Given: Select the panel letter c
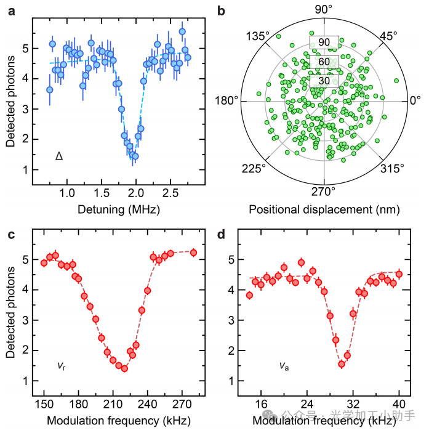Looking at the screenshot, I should pyautogui.click(x=11, y=235).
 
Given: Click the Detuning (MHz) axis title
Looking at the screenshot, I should pyautogui.click(x=119, y=209).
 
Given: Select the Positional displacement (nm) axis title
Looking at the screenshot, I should pyautogui.click(x=324, y=209).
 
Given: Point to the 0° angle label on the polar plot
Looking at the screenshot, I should pyautogui.click(x=415, y=100).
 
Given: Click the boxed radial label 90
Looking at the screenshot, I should pyautogui.click(x=324, y=42).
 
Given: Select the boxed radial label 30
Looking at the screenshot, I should pyautogui.click(x=324, y=81).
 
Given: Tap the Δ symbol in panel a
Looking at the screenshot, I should pyautogui.click(x=59, y=156).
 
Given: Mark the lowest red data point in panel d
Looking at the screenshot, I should pyautogui.click(x=342, y=364).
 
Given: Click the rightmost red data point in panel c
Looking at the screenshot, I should pyautogui.click(x=193, y=253).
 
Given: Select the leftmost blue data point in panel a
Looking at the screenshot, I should pyautogui.click(x=50, y=90).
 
